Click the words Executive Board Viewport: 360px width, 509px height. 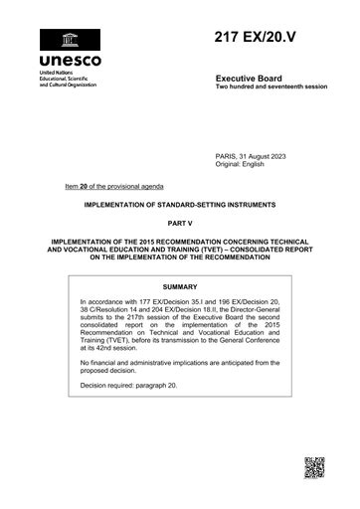point(251,78)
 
